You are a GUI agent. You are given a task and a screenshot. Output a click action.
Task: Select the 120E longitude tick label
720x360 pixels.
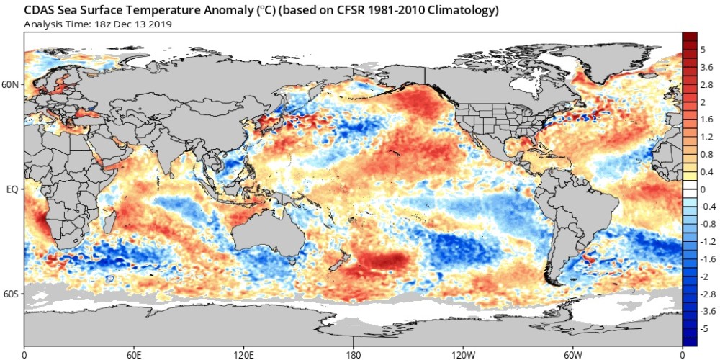[x=243, y=355]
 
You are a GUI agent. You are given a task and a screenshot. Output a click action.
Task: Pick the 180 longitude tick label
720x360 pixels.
[x=354, y=355]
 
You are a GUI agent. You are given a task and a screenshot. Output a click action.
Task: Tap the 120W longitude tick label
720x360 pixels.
[x=462, y=355]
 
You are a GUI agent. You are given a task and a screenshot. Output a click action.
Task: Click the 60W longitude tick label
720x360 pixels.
[x=572, y=355]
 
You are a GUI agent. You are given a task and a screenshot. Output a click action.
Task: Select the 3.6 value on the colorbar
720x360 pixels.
[x=706, y=68]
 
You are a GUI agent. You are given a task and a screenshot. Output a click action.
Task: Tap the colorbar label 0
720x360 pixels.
[x=703, y=189]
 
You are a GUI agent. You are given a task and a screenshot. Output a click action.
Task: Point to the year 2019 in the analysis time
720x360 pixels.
[x=161, y=24]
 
